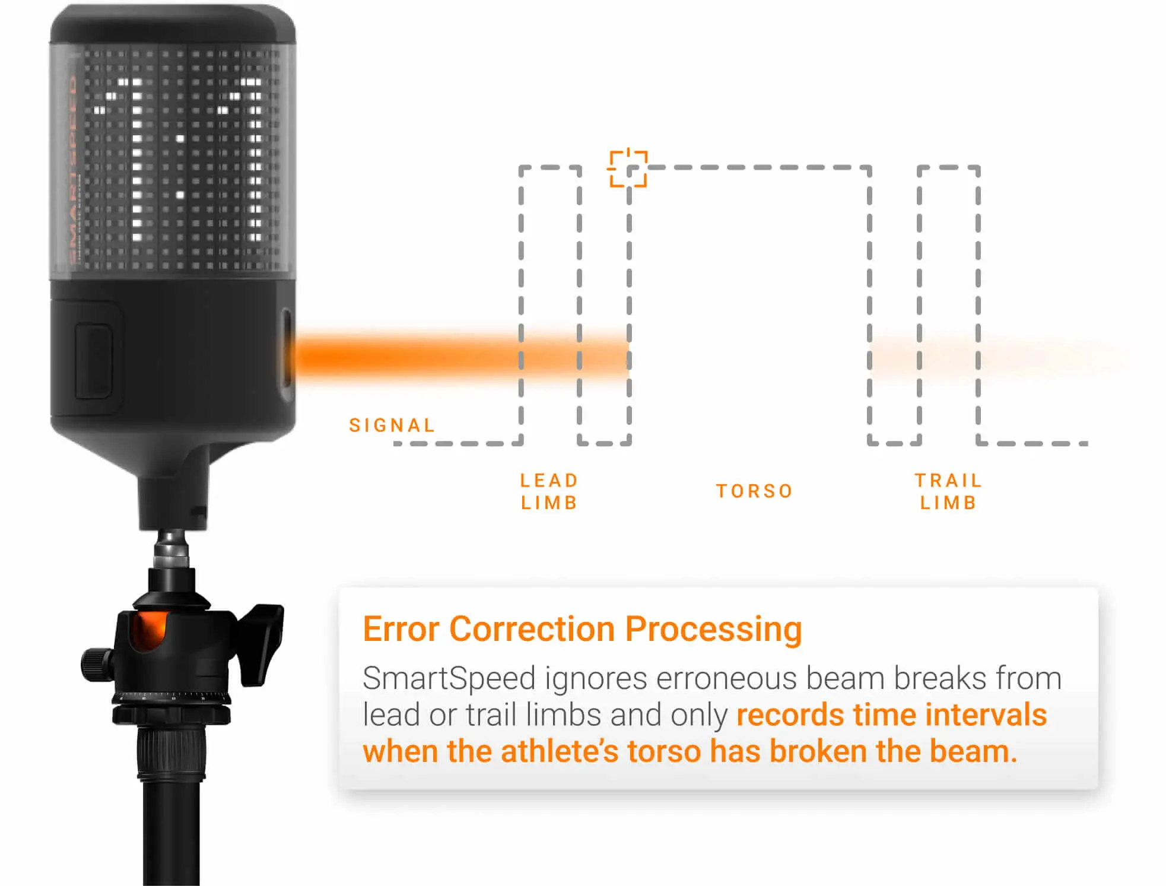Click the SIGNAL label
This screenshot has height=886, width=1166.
click(392, 425)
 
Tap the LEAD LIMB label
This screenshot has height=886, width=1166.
click(549, 491)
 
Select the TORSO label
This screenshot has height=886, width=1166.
click(754, 491)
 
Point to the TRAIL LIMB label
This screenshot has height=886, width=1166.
click(948, 491)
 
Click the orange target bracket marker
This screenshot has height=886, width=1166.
click(628, 169)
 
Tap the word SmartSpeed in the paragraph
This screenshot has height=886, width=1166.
click(449, 678)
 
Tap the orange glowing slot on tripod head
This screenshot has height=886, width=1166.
click(149, 630)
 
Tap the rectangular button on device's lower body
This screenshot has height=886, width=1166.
click(93, 361)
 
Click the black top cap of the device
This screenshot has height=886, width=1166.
click(172, 24)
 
